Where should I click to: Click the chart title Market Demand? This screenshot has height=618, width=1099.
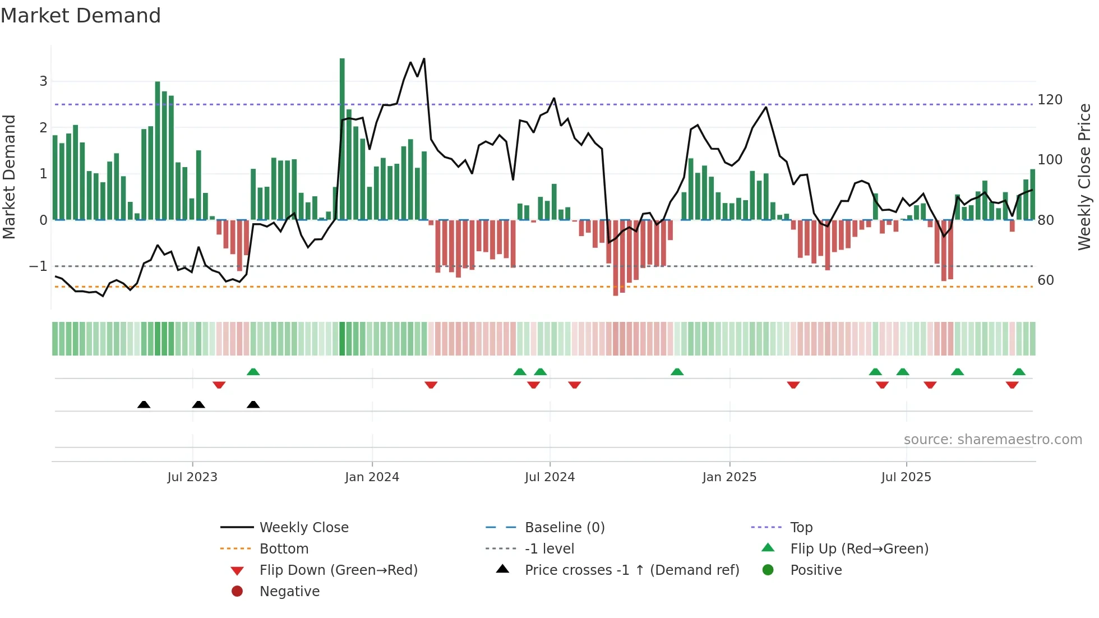click(x=81, y=16)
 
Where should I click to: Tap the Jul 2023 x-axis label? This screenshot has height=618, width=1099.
click(x=192, y=477)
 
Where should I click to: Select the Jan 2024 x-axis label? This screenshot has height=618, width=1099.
click(x=372, y=477)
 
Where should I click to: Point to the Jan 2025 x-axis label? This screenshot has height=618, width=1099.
click(x=729, y=477)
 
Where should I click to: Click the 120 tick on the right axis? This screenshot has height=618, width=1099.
click(x=1050, y=100)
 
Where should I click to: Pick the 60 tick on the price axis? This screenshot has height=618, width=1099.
click(x=1045, y=280)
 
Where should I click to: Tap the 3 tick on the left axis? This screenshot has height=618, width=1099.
click(x=43, y=81)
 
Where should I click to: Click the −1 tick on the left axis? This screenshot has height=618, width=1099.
click(x=38, y=266)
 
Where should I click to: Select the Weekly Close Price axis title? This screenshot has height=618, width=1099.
click(x=1084, y=177)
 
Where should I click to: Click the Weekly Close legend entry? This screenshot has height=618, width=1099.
click(x=303, y=528)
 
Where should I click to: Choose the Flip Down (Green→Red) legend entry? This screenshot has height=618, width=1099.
click(x=338, y=570)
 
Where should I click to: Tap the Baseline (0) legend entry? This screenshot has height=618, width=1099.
click(x=564, y=528)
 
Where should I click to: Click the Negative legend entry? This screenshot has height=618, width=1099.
click(x=289, y=592)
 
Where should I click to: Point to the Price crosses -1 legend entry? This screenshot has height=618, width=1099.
click(x=631, y=570)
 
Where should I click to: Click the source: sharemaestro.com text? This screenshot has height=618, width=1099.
click(x=992, y=440)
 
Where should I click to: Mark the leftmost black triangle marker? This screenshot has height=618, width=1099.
click(x=144, y=405)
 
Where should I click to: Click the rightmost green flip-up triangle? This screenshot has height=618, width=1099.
click(x=1019, y=372)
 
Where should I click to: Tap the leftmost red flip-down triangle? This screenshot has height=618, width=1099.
click(x=219, y=385)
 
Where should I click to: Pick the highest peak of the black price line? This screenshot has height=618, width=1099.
click(x=424, y=59)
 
